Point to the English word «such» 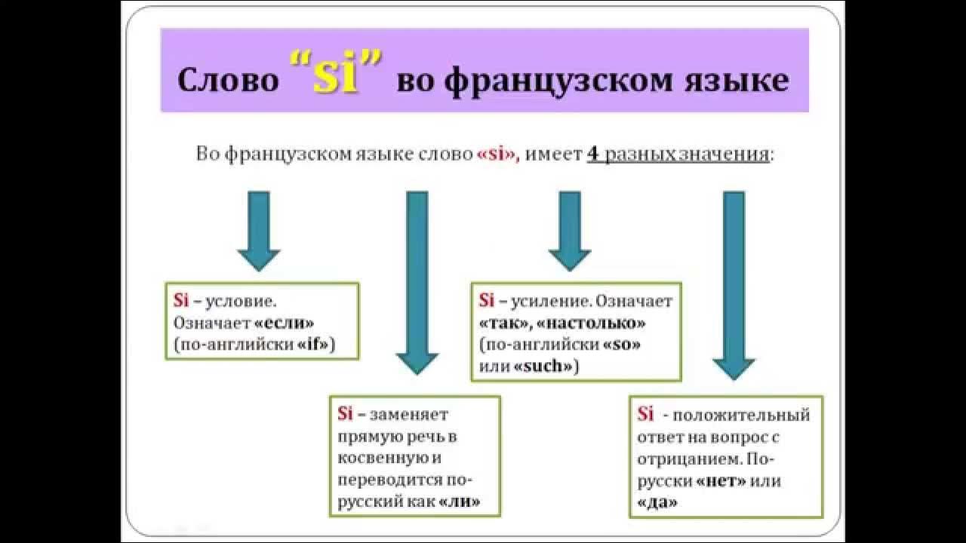tap(546, 367)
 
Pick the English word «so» tap(621, 345)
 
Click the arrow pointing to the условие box tap(259, 230)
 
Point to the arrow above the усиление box tap(569, 230)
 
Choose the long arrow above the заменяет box tap(417, 282)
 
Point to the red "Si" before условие tap(180, 300)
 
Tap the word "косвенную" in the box tap(374, 458)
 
